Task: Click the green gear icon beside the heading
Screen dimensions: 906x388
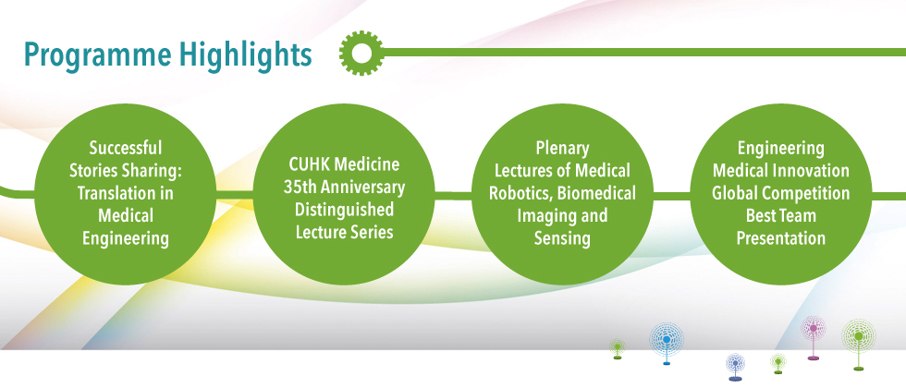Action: click(361, 53)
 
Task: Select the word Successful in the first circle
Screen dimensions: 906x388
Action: click(126, 149)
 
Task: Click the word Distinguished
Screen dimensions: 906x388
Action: click(344, 210)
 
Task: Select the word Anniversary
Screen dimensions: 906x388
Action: click(361, 187)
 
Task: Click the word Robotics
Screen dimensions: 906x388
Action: click(520, 193)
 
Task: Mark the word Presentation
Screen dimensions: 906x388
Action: click(780, 238)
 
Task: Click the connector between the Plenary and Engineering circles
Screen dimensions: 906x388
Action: click(672, 196)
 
